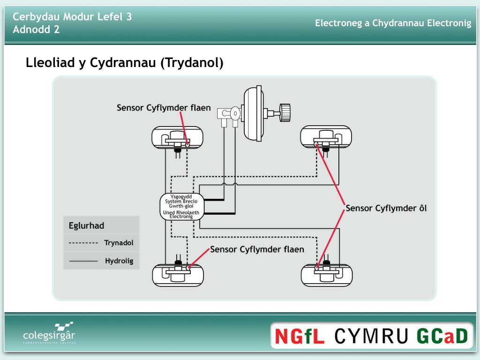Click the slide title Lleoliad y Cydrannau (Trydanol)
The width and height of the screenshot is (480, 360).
click(x=125, y=63)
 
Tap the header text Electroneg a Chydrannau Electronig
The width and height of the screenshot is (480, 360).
click(x=393, y=23)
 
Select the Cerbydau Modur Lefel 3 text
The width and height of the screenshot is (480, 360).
click(x=72, y=17)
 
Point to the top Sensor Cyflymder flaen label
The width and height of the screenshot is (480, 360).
click(x=164, y=108)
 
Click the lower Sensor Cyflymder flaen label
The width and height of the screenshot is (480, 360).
click(x=257, y=249)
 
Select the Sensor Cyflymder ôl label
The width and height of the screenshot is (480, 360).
click(x=386, y=208)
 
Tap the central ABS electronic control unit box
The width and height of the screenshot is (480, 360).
click(x=180, y=206)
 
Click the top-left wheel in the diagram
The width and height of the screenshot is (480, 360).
click(x=178, y=138)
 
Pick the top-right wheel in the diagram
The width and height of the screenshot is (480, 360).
click(x=326, y=138)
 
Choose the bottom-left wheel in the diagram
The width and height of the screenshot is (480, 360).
click(x=178, y=275)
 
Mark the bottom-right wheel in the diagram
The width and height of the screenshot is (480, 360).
click(x=326, y=275)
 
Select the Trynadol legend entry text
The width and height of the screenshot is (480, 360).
click(x=119, y=243)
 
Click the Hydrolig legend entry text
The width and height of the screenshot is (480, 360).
click(x=119, y=261)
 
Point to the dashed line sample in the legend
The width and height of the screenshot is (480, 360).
click(x=83, y=243)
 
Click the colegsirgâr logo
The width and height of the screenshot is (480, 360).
click(x=49, y=334)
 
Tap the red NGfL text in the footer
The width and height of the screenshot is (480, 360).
click(x=300, y=336)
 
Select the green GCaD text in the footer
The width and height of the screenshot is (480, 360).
click(x=442, y=336)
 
